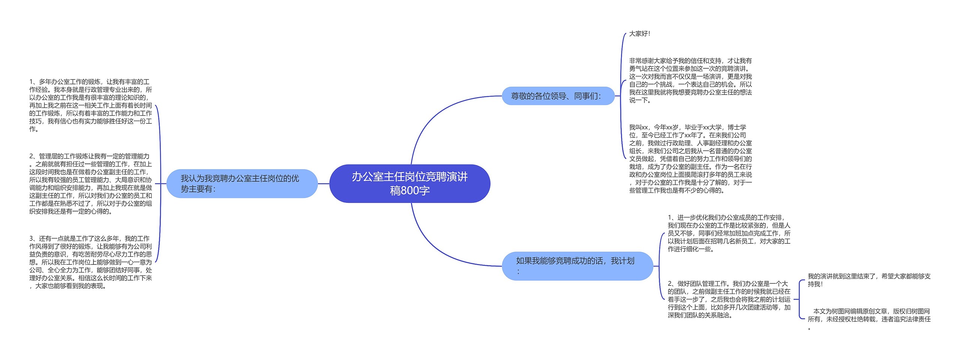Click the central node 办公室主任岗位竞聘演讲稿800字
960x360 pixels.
(x=409, y=183)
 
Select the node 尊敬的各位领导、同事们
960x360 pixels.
(x=558, y=96)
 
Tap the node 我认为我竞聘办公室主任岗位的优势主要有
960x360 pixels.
(x=242, y=183)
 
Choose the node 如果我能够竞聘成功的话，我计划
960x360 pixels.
(x=577, y=265)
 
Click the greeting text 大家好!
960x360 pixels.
(x=640, y=34)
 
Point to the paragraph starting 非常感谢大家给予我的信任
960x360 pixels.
(x=690, y=80)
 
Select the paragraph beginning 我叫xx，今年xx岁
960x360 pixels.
(x=690, y=159)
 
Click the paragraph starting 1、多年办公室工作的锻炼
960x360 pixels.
(x=91, y=105)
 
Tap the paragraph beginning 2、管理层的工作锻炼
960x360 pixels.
(x=91, y=184)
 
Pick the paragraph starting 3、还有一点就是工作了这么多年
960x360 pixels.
(x=91, y=262)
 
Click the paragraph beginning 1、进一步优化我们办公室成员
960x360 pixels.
(x=729, y=233)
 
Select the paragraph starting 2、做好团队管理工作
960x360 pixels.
(x=729, y=299)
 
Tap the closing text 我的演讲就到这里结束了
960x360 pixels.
(x=869, y=280)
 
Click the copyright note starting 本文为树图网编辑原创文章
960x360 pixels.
(x=869, y=319)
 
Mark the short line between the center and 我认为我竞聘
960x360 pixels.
(x=323, y=184)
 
